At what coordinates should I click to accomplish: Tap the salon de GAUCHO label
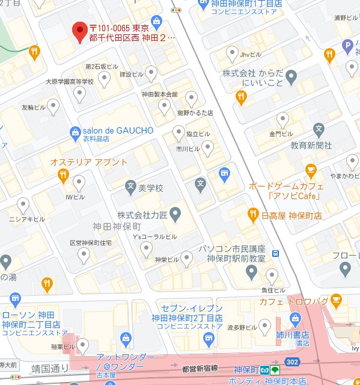point(118,131)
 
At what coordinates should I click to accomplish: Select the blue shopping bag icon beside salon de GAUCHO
point(75,131)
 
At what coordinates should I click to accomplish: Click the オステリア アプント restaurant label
point(89,162)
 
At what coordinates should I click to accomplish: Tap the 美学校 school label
point(151,188)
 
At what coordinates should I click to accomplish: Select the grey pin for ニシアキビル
point(23,206)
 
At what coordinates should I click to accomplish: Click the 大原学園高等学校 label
point(70,82)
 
